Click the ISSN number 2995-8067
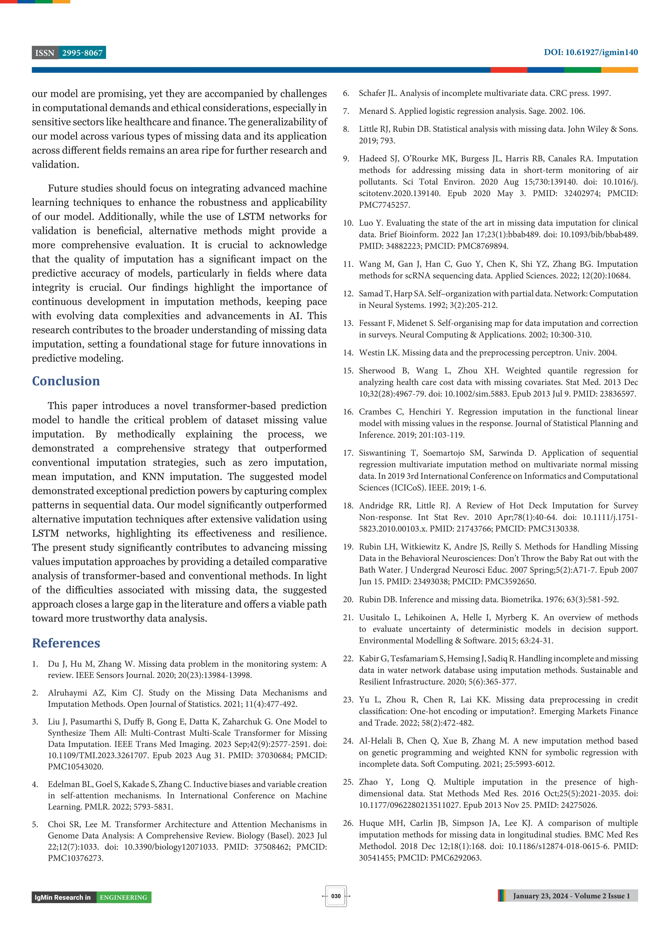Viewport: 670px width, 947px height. click(82, 53)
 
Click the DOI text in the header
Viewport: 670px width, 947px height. click(590, 52)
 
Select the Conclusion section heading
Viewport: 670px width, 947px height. click(66, 381)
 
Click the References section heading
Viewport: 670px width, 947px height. click(66, 643)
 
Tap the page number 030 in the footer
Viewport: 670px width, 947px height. click(336, 896)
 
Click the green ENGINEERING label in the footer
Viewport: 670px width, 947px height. click(123, 898)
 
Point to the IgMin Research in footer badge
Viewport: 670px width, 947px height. click(63, 898)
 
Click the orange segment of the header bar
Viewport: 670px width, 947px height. click(619, 70)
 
